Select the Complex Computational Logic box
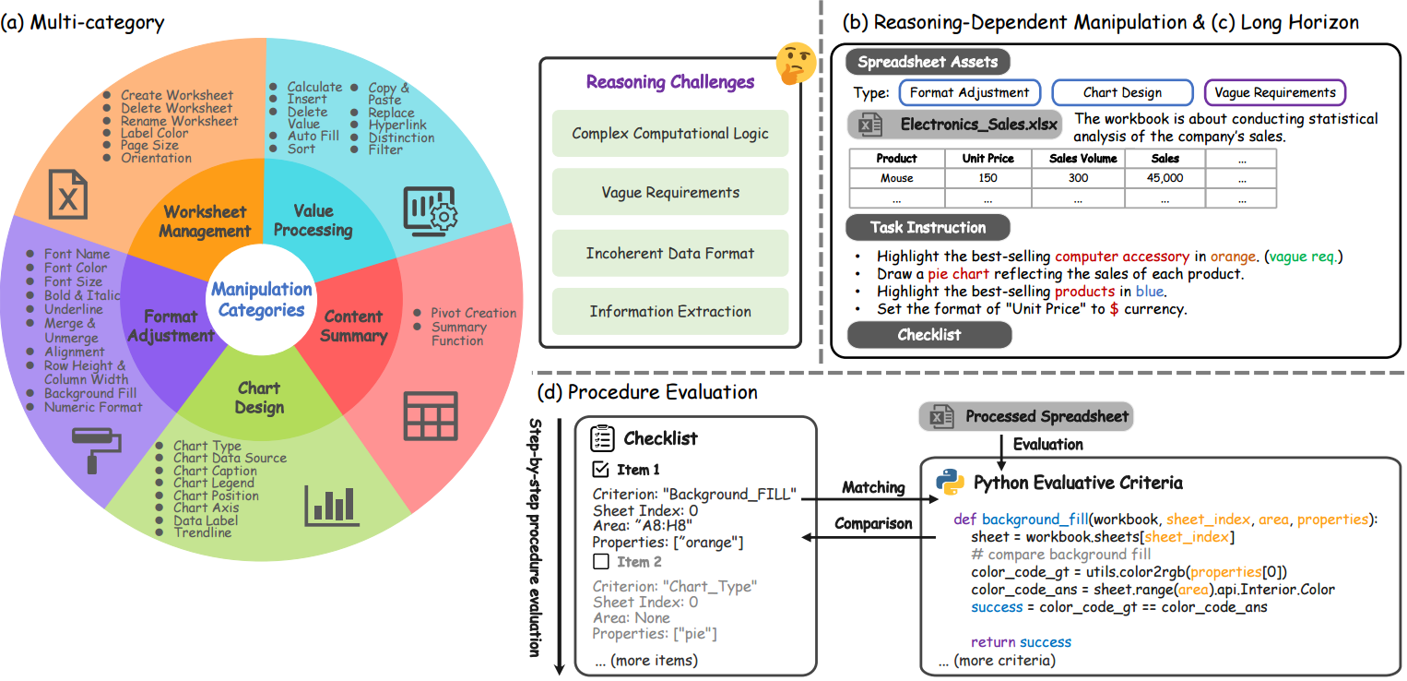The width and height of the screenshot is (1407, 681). [670, 133]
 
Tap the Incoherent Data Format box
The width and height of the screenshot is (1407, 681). [670, 253]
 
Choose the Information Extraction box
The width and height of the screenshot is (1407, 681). [670, 312]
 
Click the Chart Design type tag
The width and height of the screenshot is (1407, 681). [1122, 92]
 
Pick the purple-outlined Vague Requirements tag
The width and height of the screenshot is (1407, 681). [1275, 92]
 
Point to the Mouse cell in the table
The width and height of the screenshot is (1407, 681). [896, 178]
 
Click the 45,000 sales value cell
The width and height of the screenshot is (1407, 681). [1165, 178]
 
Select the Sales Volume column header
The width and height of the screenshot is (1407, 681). [1083, 159]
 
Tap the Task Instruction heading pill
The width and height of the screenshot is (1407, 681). [928, 227]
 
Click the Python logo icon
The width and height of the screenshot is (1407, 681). [950, 482]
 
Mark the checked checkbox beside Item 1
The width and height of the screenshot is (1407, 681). [600, 469]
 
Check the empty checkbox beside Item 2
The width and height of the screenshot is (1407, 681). [601, 561]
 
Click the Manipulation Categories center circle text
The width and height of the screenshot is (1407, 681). [262, 299]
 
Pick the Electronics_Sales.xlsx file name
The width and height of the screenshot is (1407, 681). [978, 124]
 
